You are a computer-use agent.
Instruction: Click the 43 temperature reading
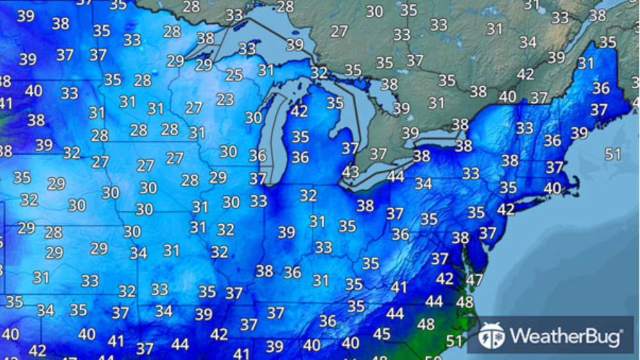(x=350, y=171)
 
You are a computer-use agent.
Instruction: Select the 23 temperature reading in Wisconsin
(x=225, y=99)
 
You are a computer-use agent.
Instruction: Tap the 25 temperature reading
(x=234, y=75)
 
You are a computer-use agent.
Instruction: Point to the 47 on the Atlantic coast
(x=474, y=280)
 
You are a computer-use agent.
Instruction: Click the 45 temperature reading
(x=381, y=334)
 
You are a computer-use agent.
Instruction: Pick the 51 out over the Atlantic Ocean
(x=613, y=154)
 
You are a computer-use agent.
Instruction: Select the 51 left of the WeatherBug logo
(x=454, y=341)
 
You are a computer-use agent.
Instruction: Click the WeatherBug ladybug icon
(x=491, y=335)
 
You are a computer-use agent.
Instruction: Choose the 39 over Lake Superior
(x=295, y=45)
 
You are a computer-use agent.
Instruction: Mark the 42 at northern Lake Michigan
(x=299, y=111)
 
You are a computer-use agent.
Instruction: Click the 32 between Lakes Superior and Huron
(x=319, y=72)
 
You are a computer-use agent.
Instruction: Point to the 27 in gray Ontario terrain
(x=339, y=31)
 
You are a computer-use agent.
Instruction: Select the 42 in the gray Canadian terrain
(x=525, y=74)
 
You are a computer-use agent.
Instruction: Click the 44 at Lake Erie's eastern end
(x=396, y=177)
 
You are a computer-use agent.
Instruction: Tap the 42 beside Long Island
(x=505, y=209)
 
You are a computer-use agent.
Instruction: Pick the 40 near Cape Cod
(x=552, y=189)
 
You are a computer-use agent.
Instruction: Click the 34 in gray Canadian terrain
(x=528, y=42)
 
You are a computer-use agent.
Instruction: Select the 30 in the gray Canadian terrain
(x=375, y=11)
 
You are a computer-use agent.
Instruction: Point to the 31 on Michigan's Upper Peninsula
(x=266, y=70)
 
